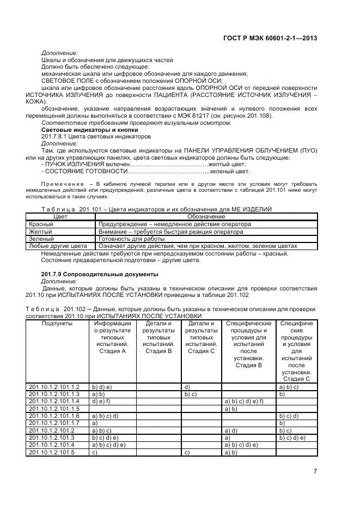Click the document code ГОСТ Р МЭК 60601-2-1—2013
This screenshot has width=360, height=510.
(x=270, y=38)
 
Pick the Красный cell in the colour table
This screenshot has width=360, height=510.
(x=41, y=224)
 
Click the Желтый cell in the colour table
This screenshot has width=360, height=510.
(x=41, y=231)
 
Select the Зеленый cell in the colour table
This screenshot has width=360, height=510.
(x=41, y=239)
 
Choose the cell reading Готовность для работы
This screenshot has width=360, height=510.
(x=131, y=239)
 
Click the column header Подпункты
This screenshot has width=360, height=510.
(x=57, y=323)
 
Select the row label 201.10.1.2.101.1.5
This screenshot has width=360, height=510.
(x=54, y=408)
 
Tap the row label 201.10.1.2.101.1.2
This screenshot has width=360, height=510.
(x=54, y=386)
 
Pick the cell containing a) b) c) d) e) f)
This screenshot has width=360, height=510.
(x=243, y=401)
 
